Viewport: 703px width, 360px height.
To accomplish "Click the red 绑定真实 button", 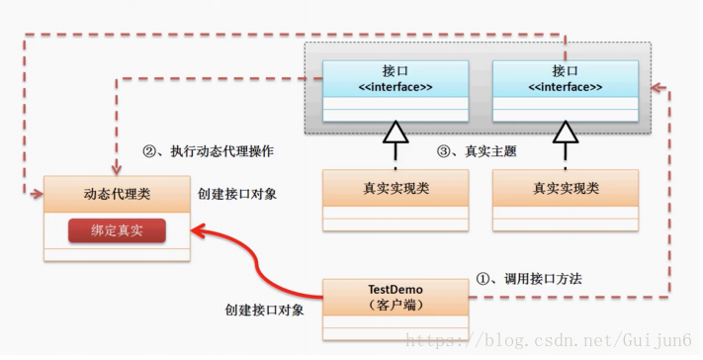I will coord(116,231).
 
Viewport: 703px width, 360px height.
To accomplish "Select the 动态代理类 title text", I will coord(116,195).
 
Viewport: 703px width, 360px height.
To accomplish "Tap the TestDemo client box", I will coord(395,297).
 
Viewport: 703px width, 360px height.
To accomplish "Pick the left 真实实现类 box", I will coord(395,188).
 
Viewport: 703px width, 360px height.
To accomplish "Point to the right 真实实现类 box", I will coord(566,188).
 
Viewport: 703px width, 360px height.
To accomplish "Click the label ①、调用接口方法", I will coord(529,279).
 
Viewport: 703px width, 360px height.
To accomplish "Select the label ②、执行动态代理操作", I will coord(209,151).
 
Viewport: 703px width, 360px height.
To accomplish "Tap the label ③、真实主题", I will coord(477,151).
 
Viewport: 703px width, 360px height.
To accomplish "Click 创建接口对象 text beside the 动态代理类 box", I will coord(237,194).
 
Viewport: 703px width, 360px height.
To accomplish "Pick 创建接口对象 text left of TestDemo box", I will coord(264,310).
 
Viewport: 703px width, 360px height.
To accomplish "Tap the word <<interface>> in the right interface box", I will coord(566,87).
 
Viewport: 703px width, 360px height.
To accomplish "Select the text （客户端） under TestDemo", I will coord(395,306).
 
